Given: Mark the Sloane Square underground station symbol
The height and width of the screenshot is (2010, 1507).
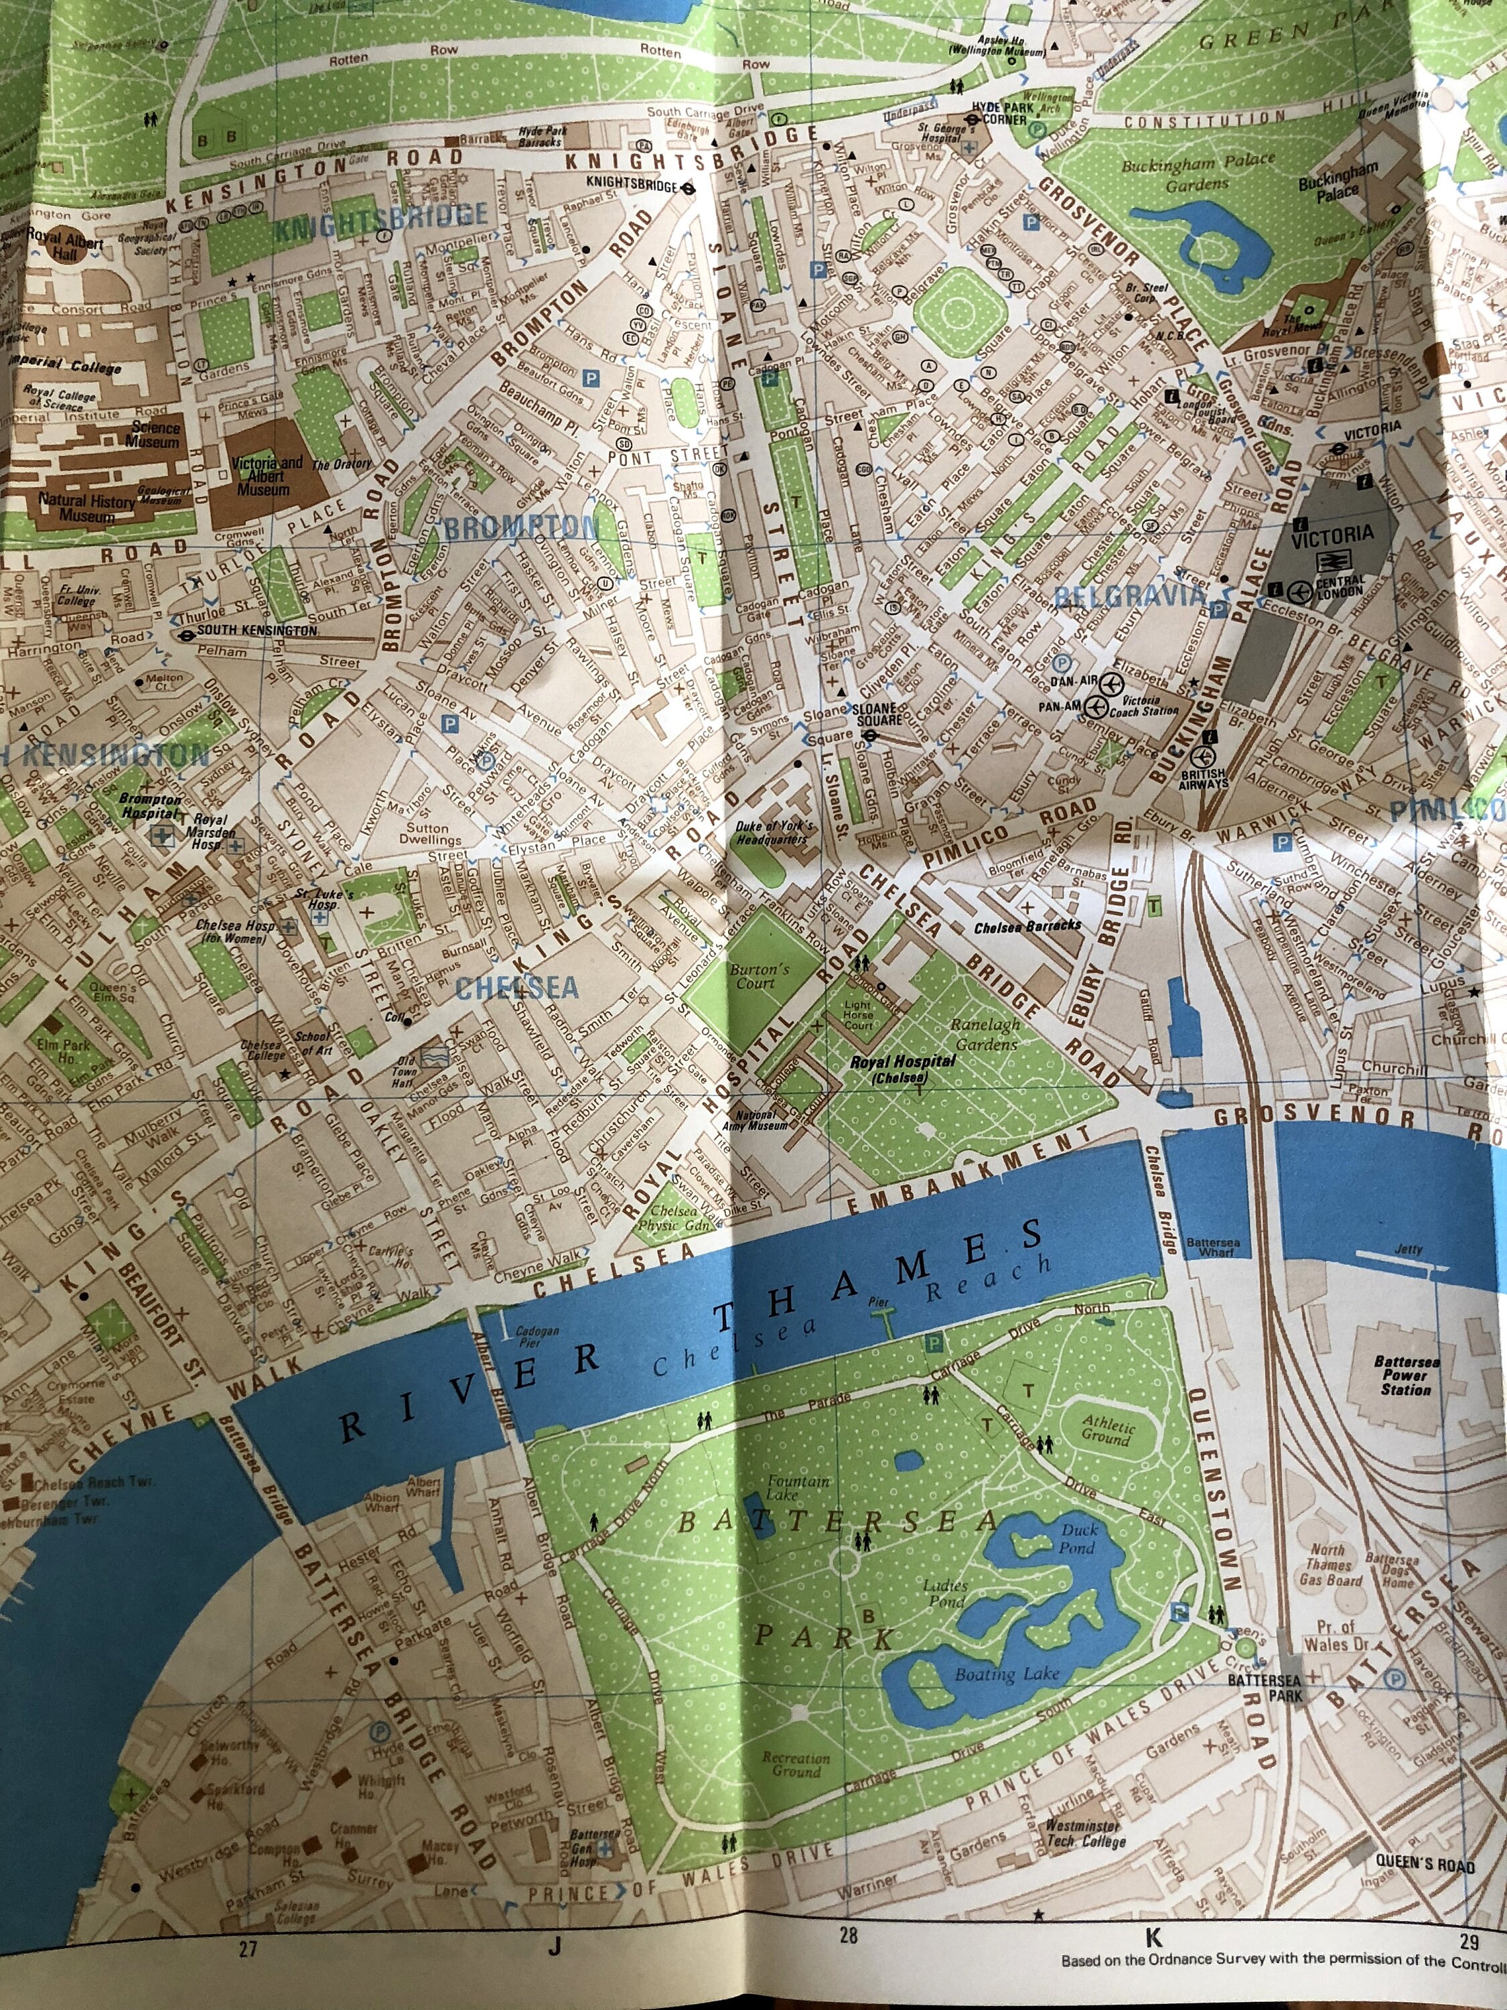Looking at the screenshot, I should (869, 734).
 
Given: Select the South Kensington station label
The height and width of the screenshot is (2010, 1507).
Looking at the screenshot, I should (257, 630).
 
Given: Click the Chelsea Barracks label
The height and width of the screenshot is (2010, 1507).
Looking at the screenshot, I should (1027, 927).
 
